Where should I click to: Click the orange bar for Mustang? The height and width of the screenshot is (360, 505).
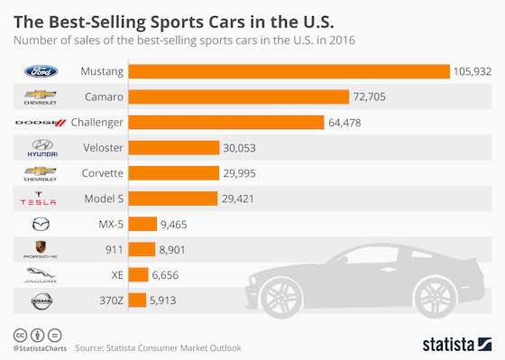tap(289, 71)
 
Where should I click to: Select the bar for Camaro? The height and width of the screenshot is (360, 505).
tap(239, 97)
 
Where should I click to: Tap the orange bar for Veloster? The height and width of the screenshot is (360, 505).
tap(175, 148)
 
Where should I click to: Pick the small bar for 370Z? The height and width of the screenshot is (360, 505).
tap(138, 300)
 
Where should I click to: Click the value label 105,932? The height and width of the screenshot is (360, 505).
tap(473, 71)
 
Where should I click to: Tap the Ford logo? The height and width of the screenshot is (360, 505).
tap(40, 71)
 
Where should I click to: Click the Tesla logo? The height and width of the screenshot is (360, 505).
tap(40, 198)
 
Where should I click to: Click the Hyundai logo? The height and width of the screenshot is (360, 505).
tap(40, 147)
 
